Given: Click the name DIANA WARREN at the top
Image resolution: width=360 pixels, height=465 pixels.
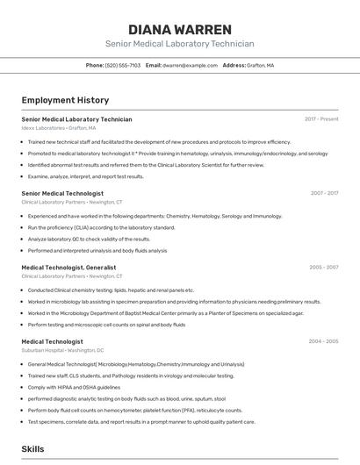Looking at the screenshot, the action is (x=180, y=29).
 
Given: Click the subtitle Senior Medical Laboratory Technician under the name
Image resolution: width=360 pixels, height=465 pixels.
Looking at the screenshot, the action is (x=180, y=44).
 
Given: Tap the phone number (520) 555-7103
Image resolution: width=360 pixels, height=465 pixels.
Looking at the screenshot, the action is (x=123, y=65).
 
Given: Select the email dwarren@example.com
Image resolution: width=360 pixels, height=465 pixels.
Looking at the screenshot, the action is (x=191, y=65).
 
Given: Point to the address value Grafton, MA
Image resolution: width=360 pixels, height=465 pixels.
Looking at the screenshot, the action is (x=260, y=65).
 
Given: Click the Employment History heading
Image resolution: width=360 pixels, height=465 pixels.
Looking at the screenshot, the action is (x=65, y=100).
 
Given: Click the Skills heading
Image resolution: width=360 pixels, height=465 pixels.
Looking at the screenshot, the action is (x=32, y=448).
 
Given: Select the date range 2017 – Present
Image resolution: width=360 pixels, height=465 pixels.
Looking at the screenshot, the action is (x=321, y=118).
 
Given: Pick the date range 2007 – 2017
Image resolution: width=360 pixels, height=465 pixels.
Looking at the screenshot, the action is (x=324, y=193).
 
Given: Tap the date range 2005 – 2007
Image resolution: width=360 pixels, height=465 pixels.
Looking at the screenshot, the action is (x=323, y=268).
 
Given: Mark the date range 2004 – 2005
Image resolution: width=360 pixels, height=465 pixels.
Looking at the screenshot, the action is (x=323, y=341).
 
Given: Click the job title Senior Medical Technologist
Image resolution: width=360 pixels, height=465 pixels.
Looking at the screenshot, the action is (x=62, y=193).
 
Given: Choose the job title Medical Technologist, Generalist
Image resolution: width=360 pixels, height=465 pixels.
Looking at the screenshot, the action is (x=68, y=268).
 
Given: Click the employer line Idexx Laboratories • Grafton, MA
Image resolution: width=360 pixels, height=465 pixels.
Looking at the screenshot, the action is (x=59, y=127).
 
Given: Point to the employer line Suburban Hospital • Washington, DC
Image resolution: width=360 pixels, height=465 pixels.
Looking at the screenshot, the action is (x=62, y=350).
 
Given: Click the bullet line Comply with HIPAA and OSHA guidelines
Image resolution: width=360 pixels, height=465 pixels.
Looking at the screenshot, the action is (x=74, y=387).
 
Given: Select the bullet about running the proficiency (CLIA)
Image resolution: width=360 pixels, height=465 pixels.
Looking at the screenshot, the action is (x=101, y=227).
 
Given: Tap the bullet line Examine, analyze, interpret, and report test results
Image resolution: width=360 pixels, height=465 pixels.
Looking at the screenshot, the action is (x=85, y=176).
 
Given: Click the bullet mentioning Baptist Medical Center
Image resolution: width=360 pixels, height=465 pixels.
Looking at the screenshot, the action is (x=165, y=312).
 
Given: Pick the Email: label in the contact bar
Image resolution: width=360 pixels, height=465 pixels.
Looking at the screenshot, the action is (x=154, y=65).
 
